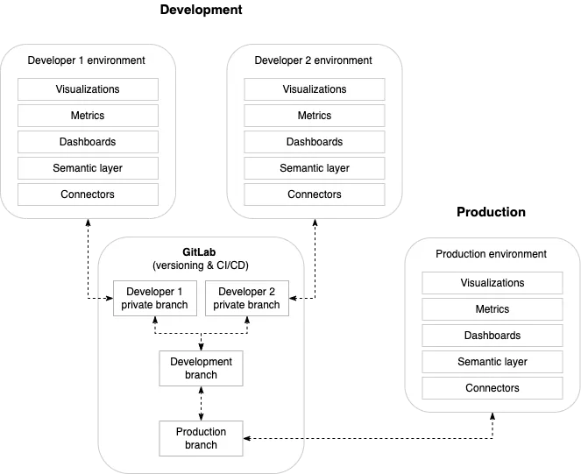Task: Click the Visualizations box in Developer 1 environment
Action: pyautogui.click(x=88, y=89)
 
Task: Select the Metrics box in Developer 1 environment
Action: pyautogui.click(x=88, y=116)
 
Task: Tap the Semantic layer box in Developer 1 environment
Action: pyautogui.click(x=88, y=168)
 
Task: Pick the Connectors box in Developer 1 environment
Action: pyautogui.click(x=88, y=195)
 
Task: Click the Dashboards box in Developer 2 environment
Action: pyautogui.click(x=315, y=142)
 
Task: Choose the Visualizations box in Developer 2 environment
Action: pyautogui.click(x=315, y=89)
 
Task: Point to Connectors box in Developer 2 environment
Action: pyautogui.click(x=315, y=195)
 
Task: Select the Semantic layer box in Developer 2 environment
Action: pyautogui.click(x=315, y=168)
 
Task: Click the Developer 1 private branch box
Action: pyautogui.click(x=155, y=298)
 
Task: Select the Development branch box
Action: pyautogui.click(x=202, y=368)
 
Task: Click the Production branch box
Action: pyautogui.click(x=202, y=438)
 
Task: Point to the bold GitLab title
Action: pyautogui.click(x=202, y=252)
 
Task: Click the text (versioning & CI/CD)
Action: pyautogui.click(x=202, y=265)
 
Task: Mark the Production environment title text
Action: pyautogui.click(x=491, y=254)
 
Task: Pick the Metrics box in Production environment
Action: pyautogui.click(x=492, y=309)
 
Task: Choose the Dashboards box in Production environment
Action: pyautogui.click(x=492, y=336)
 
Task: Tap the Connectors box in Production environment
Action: pyautogui.click(x=492, y=388)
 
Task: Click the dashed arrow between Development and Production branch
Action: pyautogui.click(x=202, y=403)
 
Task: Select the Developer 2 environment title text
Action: pyautogui.click(x=314, y=60)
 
